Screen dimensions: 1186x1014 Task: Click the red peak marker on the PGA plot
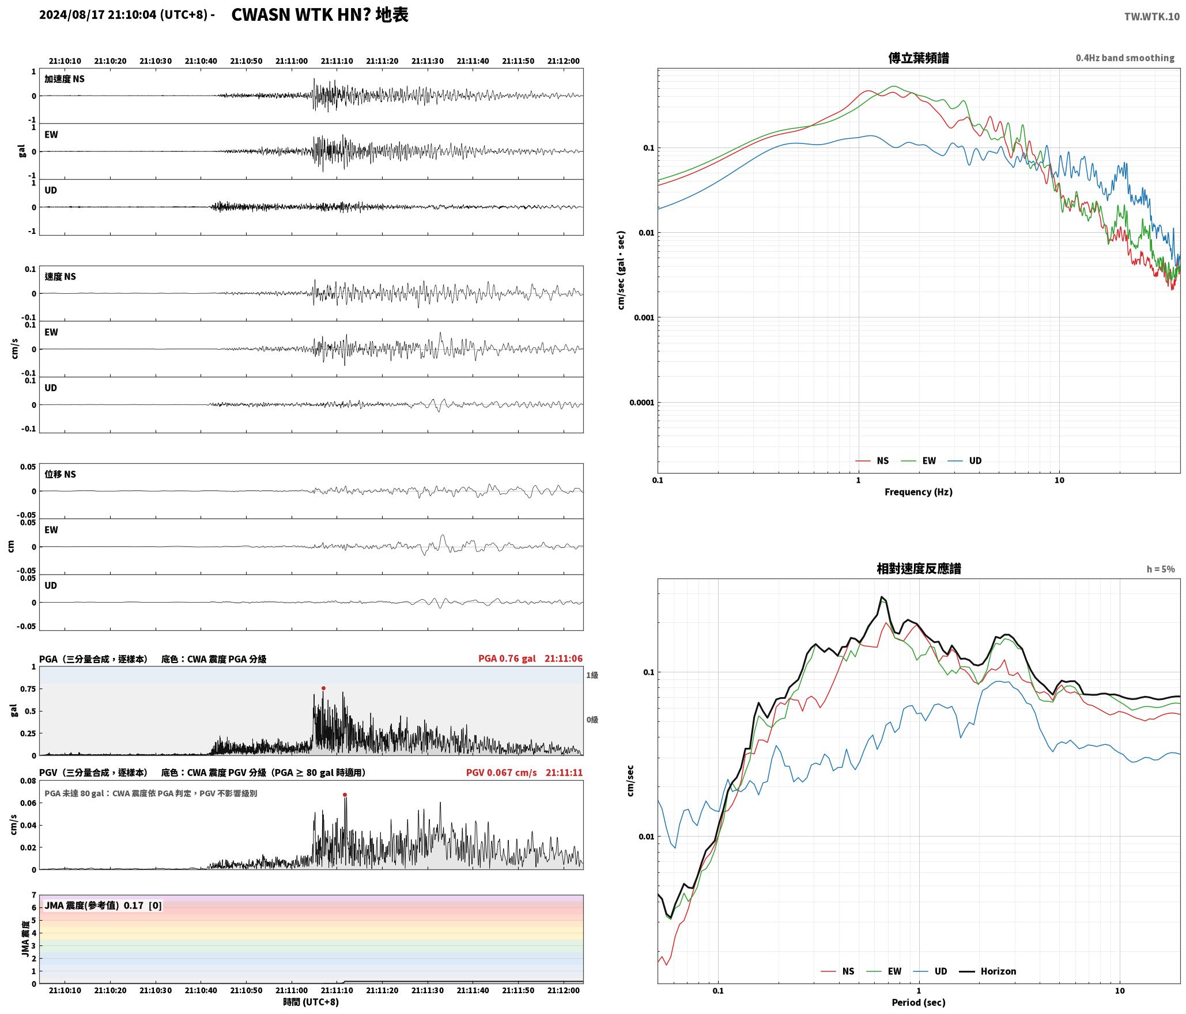[323, 688]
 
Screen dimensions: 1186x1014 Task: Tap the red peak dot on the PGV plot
[345, 795]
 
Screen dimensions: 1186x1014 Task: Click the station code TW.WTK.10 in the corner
[1151, 17]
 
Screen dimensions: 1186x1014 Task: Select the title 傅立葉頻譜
[919, 58]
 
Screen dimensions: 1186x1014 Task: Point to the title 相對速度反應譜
[919, 569]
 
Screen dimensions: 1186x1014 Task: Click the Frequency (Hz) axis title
[919, 492]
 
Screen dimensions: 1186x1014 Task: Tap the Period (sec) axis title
[919, 1002]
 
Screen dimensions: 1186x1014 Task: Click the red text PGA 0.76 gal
[507, 659]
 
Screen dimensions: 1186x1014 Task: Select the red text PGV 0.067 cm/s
[501, 773]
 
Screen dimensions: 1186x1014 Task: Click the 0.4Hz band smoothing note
[1125, 58]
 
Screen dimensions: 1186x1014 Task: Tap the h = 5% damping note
[1161, 569]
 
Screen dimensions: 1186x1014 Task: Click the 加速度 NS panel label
[65, 79]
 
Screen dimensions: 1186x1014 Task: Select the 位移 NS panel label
[61, 474]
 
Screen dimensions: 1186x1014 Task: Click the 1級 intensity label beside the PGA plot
[592, 675]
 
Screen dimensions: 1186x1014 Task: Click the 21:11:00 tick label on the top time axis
[292, 61]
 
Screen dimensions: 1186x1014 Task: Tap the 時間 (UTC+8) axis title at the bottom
[311, 1002]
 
